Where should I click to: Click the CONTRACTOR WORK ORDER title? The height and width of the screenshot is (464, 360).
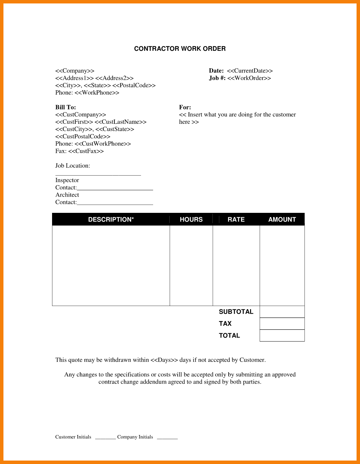tap(180, 49)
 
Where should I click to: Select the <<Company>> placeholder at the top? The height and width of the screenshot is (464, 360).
tap(75, 71)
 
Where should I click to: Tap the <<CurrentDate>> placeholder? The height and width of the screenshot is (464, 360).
tap(250, 71)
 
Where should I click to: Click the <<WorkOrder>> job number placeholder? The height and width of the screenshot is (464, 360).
tap(249, 78)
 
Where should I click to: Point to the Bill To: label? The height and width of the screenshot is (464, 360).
tap(66, 107)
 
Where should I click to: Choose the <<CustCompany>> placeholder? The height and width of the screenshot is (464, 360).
tap(81, 115)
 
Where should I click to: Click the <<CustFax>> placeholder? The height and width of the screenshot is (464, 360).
tap(86, 151)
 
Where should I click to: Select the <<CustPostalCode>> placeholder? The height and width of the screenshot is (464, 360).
tap(83, 136)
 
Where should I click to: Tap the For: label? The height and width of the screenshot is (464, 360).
tap(185, 107)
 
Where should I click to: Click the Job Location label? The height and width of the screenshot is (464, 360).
tap(73, 166)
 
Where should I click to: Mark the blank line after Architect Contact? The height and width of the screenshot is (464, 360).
tap(115, 203)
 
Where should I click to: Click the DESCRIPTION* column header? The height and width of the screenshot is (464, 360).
tap(111, 219)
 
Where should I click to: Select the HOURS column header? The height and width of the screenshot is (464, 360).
tap(191, 219)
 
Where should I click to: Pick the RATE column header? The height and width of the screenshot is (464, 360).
tap(236, 219)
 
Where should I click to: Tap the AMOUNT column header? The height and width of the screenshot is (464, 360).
tap(282, 219)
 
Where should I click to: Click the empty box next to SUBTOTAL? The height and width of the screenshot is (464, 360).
tap(282, 312)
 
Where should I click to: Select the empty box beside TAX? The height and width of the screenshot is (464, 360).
tap(282, 324)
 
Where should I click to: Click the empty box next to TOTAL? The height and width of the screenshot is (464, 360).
tap(282, 335)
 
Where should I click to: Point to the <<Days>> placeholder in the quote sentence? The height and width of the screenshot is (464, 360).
tap(164, 360)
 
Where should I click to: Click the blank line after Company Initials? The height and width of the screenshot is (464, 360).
tap(167, 437)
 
